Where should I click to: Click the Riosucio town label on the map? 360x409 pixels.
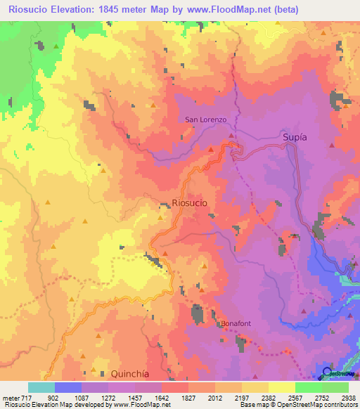point(189,202)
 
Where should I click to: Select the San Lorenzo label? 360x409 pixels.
point(205,119)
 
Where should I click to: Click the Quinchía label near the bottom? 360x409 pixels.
point(131,374)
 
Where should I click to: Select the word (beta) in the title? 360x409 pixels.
point(285,9)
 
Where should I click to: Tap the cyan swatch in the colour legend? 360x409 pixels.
point(41,387)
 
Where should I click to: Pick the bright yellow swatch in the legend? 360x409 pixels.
point(281,387)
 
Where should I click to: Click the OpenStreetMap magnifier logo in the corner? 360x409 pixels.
point(328,372)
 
